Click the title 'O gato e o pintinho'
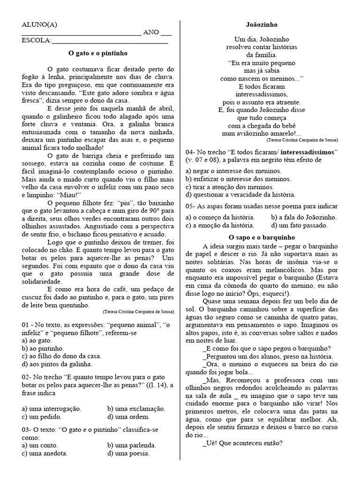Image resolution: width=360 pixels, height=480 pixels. (x=98, y=53)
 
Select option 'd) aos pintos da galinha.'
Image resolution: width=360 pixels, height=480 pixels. (x=57, y=363)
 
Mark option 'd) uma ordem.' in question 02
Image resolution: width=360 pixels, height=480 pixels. (x=128, y=416)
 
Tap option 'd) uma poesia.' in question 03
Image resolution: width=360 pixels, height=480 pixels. (x=128, y=453)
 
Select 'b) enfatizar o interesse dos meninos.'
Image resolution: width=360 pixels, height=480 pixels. (x=240, y=179)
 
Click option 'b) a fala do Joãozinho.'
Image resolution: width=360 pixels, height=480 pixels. (x=303, y=217)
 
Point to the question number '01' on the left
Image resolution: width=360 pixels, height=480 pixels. (x=26, y=325)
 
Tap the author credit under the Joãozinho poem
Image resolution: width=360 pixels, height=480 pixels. (x=302, y=140)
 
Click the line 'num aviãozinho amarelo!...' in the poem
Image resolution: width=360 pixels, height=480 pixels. (x=262, y=134)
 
